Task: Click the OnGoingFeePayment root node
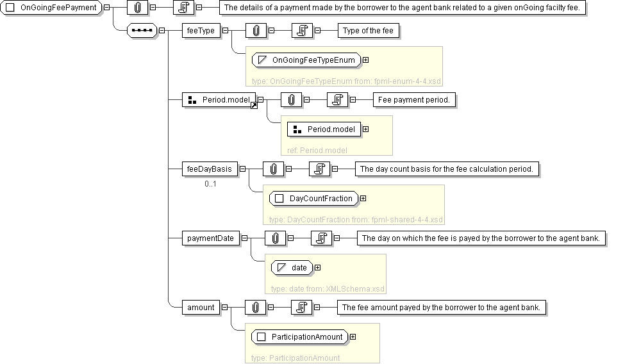pyautogui.click(x=51, y=8)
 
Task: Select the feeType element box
pyautogui.click(x=201, y=31)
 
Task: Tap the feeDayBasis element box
pyautogui.click(x=210, y=169)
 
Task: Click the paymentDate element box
pyautogui.click(x=210, y=238)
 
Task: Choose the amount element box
pyautogui.click(x=201, y=308)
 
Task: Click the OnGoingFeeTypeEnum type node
pyautogui.click(x=306, y=60)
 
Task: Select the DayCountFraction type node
pyautogui.click(x=314, y=199)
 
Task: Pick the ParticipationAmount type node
pyautogui.click(x=300, y=337)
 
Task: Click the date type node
pyautogui.click(x=292, y=268)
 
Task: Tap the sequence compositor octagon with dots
pyautogui.click(x=142, y=31)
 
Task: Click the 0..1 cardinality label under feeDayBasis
pyautogui.click(x=210, y=184)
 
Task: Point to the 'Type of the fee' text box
pyautogui.click(x=369, y=31)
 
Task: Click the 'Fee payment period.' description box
pyautogui.click(x=414, y=100)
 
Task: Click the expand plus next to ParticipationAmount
pyautogui.click(x=353, y=337)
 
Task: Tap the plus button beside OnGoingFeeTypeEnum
pyautogui.click(x=365, y=60)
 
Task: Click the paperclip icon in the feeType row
pyautogui.click(x=256, y=31)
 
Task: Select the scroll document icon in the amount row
pyautogui.click(x=301, y=308)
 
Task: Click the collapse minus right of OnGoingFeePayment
pyautogui.click(x=107, y=8)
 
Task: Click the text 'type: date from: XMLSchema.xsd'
pyautogui.click(x=328, y=289)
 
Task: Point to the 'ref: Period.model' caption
pyautogui.click(x=317, y=151)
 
